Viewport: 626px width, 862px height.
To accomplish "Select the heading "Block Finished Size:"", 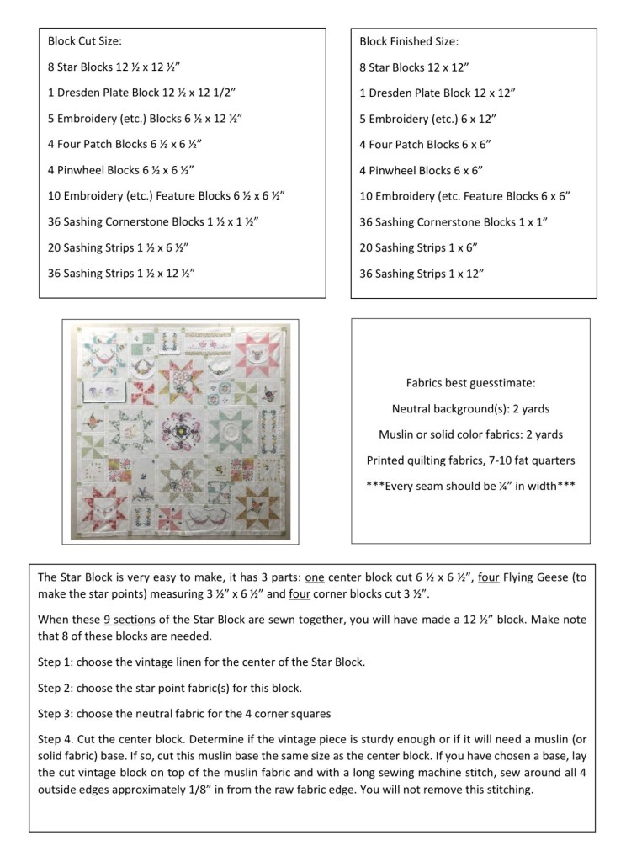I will point(409,40).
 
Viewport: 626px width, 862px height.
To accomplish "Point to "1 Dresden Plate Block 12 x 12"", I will point(437,93).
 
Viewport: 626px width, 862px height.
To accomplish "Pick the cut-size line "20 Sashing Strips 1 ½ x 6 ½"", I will point(118,247).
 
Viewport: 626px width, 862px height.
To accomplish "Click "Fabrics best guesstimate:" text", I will point(470,383).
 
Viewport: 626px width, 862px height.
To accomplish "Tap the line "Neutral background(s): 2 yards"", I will point(470,408).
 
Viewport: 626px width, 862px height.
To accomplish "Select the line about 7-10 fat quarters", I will point(470,460).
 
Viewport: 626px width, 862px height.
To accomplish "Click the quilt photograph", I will point(180,428).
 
